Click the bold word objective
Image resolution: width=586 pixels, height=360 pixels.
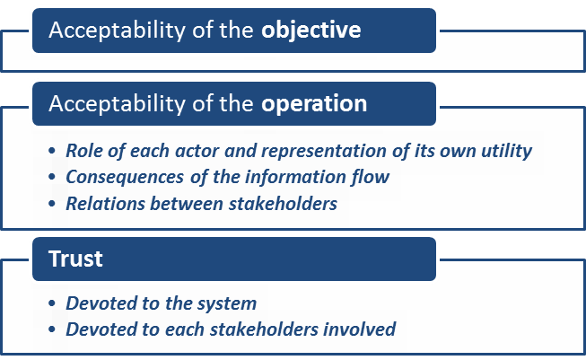tap(311, 31)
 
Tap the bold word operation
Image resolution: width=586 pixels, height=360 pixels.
tap(314, 103)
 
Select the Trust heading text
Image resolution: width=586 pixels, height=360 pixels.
tap(75, 259)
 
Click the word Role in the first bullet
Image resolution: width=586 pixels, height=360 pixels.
tap(83, 151)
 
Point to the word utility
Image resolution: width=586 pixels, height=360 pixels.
tap(504, 151)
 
